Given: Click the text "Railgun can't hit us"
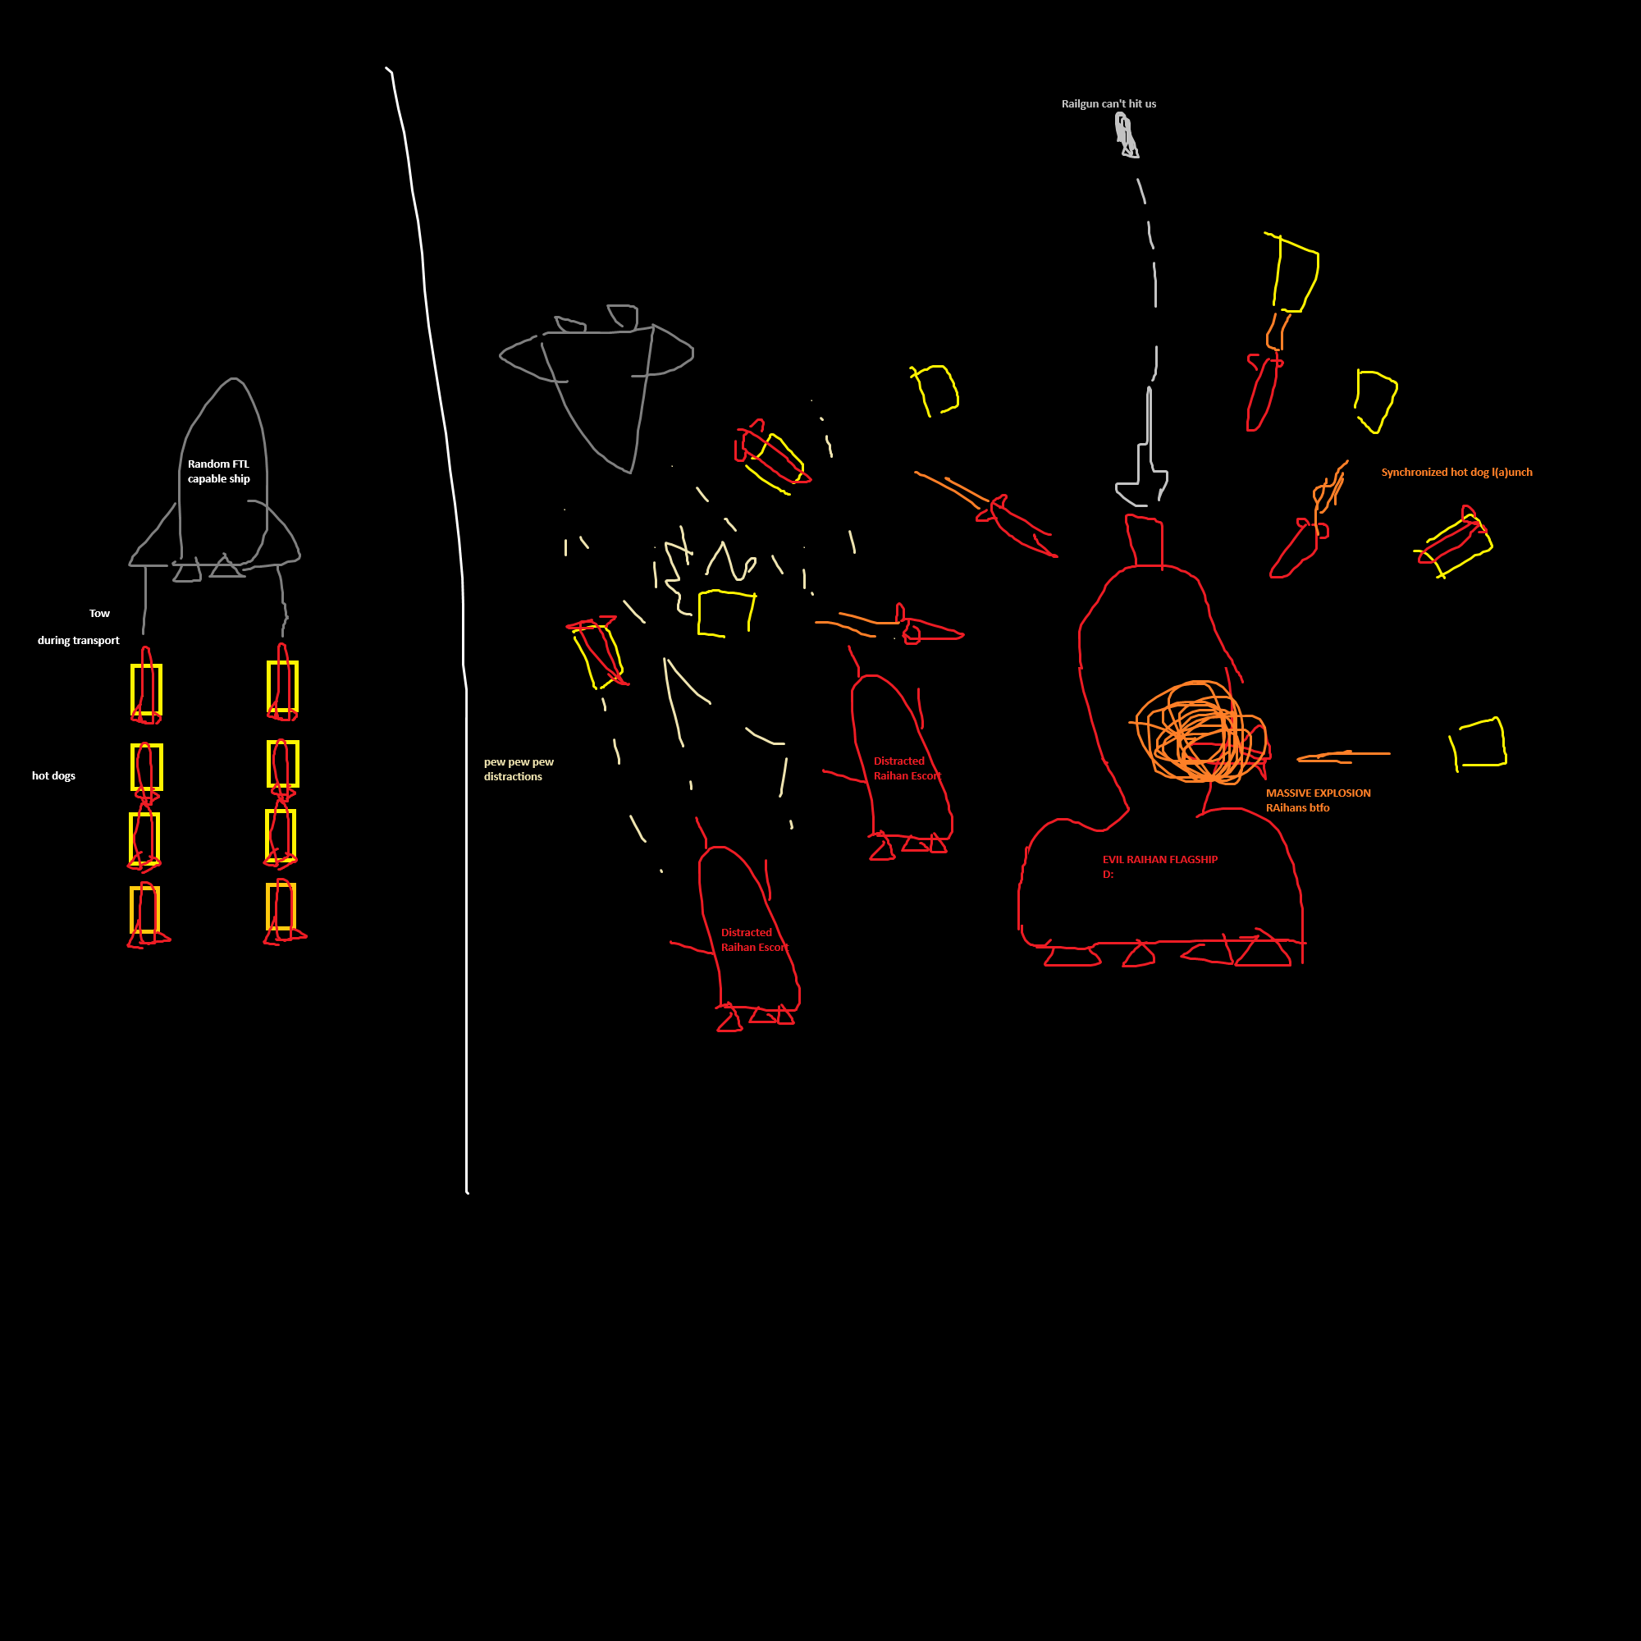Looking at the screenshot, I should pyautogui.click(x=1108, y=103).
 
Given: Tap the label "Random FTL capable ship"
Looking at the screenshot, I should pyautogui.click(x=218, y=472).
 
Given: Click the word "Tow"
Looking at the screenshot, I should pyautogui.click(x=99, y=613).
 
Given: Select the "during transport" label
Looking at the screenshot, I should pyautogui.click(x=78, y=641).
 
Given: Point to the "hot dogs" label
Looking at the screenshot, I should pyautogui.click(x=53, y=775).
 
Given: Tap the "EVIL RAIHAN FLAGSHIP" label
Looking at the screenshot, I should pyautogui.click(x=1159, y=860).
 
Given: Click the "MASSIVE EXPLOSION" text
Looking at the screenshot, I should pyautogui.click(x=1319, y=793).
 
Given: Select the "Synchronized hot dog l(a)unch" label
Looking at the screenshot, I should pyautogui.click(x=1456, y=473).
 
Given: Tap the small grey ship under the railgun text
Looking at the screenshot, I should pyautogui.click(x=1127, y=137).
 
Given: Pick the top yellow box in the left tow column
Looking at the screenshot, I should pyautogui.click(x=146, y=689).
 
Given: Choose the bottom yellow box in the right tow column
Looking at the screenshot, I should pyautogui.click(x=281, y=907).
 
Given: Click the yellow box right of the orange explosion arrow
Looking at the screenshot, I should pyautogui.click(x=1479, y=743).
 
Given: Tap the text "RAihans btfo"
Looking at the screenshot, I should pyautogui.click(x=1297, y=807).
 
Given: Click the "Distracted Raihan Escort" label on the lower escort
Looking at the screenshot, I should pyautogui.click(x=754, y=939).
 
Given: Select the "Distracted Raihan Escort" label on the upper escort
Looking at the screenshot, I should pyautogui.click(x=907, y=768).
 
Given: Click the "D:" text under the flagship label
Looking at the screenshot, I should pyautogui.click(x=1108, y=874).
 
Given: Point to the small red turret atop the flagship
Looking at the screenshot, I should pyautogui.click(x=1144, y=538).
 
